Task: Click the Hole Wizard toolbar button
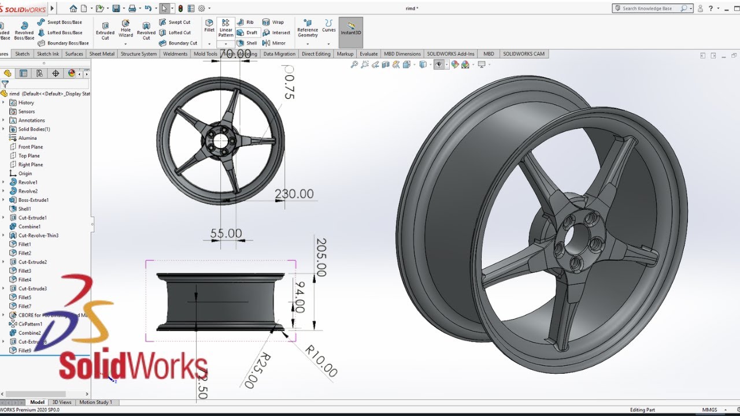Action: pyautogui.click(x=125, y=29)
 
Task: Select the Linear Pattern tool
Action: pyautogui.click(x=225, y=29)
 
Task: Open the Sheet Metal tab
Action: pyautogui.click(x=102, y=54)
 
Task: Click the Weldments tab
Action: pyautogui.click(x=175, y=54)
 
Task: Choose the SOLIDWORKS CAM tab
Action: pyautogui.click(x=523, y=54)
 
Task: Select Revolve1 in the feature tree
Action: pyautogui.click(x=28, y=183)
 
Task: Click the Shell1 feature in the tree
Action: pyautogui.click(x=24, y=209)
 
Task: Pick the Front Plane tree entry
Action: pyautogui.click(x=30, y=147)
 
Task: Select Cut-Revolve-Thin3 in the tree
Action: pyautogui.click(x=38, y=236)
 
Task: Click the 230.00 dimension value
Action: pyautogui.click(x=294, y=194)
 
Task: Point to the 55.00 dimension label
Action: pyautogui.click(x=226, y=233)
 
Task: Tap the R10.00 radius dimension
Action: pyautogui.click(x=321, y=361)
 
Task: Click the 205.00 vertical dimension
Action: pyautogui.click(x=321, y=257)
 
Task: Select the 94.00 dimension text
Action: pyautogui.click(x=299, y=296)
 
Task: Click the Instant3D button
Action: pyautogui.click(x=351, y=29)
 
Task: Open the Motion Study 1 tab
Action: pyautogui.click(x=96, y=402)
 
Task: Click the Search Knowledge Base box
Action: pyautogui.click(x=650, y=9)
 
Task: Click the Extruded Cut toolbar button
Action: pyautogui.click(x=105, y=30)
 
